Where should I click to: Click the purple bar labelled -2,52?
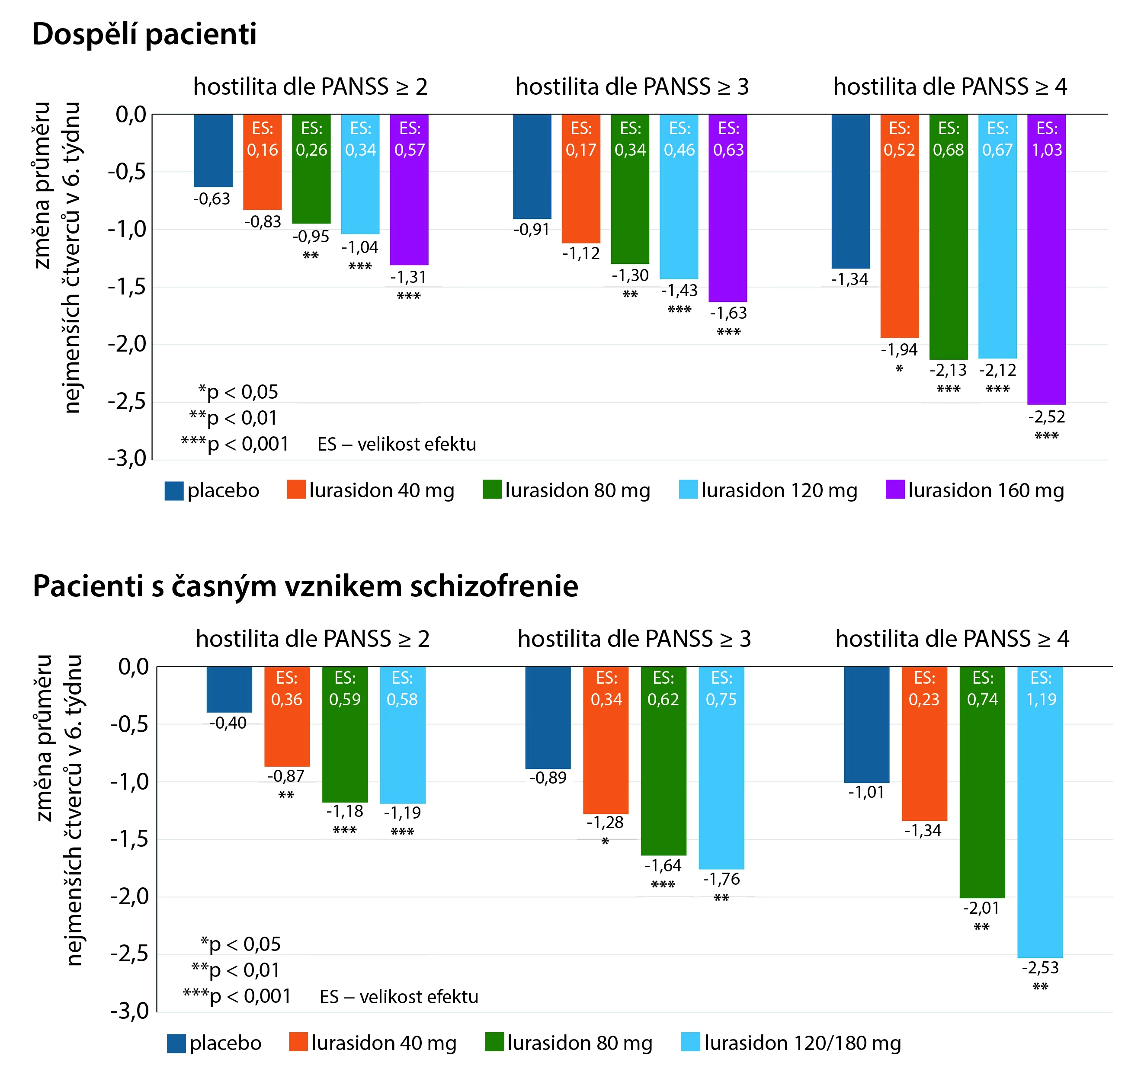click(x=1046, y=275)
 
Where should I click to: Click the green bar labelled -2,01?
click(x=982, y=803)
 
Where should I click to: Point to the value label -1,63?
click(x=728, y=314)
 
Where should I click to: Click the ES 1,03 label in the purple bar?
click(x=1046, y=139)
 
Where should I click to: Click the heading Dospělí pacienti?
click(x=144, y=35)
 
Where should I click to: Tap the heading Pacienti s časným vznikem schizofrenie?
click(x=305, y=586)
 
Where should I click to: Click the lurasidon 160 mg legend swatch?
click(x=895, y=490)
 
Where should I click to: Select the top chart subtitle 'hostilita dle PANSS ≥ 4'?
click(x=950, y=86)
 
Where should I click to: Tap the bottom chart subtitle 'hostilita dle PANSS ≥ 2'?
click(x=313, y=639)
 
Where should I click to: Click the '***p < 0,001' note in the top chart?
click(x=235, y=444)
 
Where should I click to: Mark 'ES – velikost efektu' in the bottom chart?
click(x=399, y=997)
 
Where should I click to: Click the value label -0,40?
click(x=228, y=723)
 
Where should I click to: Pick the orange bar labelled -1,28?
click(x=606, y=740)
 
